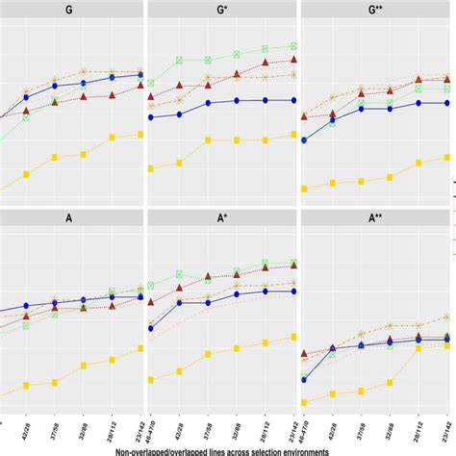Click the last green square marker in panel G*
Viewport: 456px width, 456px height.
pos(293,45)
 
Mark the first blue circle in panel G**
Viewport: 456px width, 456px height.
pos(304,140)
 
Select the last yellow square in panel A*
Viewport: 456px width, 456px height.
pos(293,336)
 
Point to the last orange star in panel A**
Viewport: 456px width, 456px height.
pos(448,317)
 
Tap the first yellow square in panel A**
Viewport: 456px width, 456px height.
pos(304,403)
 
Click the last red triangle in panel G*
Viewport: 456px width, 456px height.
pos(293,60)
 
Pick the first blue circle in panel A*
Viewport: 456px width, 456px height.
pos(151,327)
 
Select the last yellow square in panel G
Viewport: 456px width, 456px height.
pos(140,134)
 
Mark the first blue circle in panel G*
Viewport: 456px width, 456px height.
pos(151,118)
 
